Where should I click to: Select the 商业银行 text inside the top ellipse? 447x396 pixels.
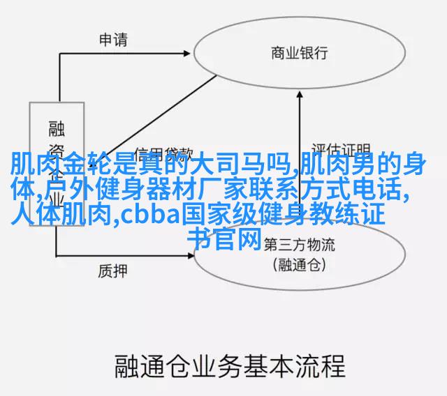click(x=298, y=53)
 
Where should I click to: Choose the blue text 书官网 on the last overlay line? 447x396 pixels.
click(x=224, y=239)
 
